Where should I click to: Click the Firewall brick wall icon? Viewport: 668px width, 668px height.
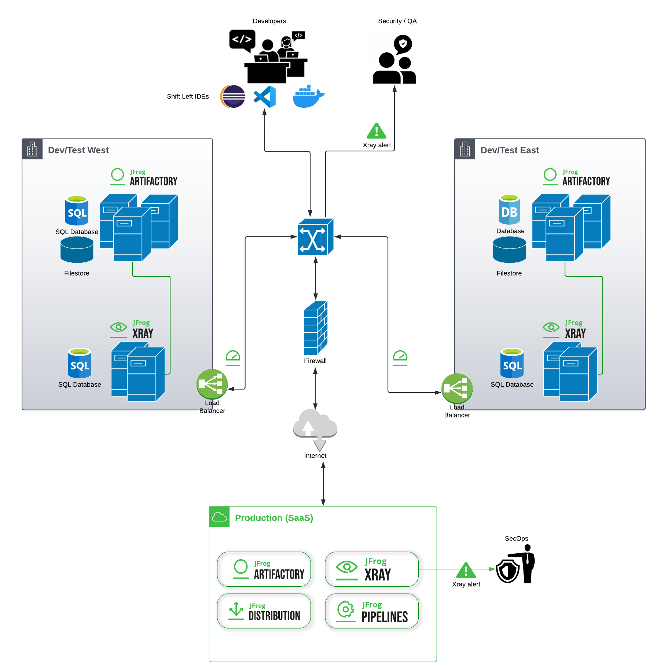[315, 328]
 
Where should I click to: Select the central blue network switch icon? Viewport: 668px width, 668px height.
[315, 237]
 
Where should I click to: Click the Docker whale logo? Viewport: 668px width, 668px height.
[308, 97]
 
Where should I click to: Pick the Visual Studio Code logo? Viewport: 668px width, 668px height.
[265, 97]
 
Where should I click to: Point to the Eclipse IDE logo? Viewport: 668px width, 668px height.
[233, 97]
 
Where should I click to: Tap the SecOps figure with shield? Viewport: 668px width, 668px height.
[516, 565]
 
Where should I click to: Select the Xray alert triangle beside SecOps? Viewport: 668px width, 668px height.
[466, 570]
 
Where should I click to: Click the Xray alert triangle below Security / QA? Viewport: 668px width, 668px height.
[377, 131]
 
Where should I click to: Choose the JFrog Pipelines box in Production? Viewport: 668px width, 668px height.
[372, 611]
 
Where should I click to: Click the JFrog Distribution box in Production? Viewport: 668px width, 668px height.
[264, 611]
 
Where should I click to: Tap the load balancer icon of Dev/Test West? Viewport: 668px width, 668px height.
[212, 384]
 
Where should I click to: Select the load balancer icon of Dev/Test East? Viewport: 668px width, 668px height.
[457, 388]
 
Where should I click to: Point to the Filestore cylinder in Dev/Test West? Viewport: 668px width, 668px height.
[77, 250]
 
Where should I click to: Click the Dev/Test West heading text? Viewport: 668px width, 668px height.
[78, 150]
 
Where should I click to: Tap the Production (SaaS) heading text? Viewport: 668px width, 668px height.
[274, 518]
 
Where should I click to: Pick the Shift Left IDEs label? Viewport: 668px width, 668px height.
[188, 96]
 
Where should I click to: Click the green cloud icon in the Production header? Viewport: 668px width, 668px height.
[219, 517]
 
